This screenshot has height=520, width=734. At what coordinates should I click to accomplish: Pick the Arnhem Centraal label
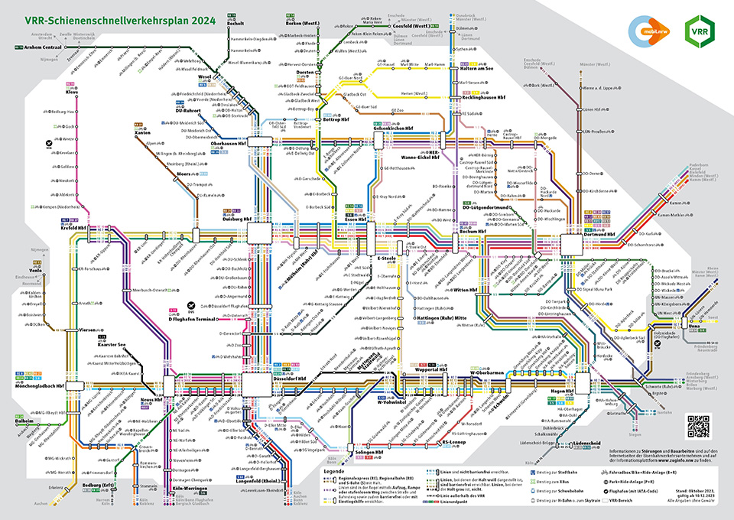pos(44,47)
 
